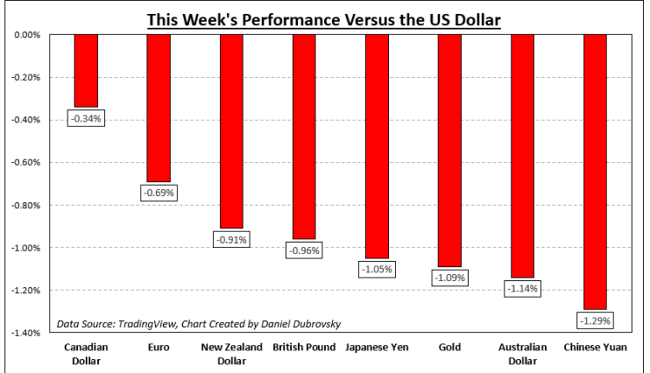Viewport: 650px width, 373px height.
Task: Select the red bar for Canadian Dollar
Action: [86, 70]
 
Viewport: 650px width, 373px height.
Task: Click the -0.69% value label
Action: [159, 193]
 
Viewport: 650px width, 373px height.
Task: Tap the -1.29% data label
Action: [595, 321]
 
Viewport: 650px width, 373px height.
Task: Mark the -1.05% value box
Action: [377, 270]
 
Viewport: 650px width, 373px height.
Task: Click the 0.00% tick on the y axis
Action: [29, 36]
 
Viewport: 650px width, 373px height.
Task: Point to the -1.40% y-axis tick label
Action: [27, 333]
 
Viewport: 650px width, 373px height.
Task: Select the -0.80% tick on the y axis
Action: [27, 206]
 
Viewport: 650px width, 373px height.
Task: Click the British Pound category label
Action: [304, 347]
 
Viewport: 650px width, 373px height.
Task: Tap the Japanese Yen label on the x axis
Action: [377, 347]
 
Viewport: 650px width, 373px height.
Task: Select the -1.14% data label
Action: [523, 289]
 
